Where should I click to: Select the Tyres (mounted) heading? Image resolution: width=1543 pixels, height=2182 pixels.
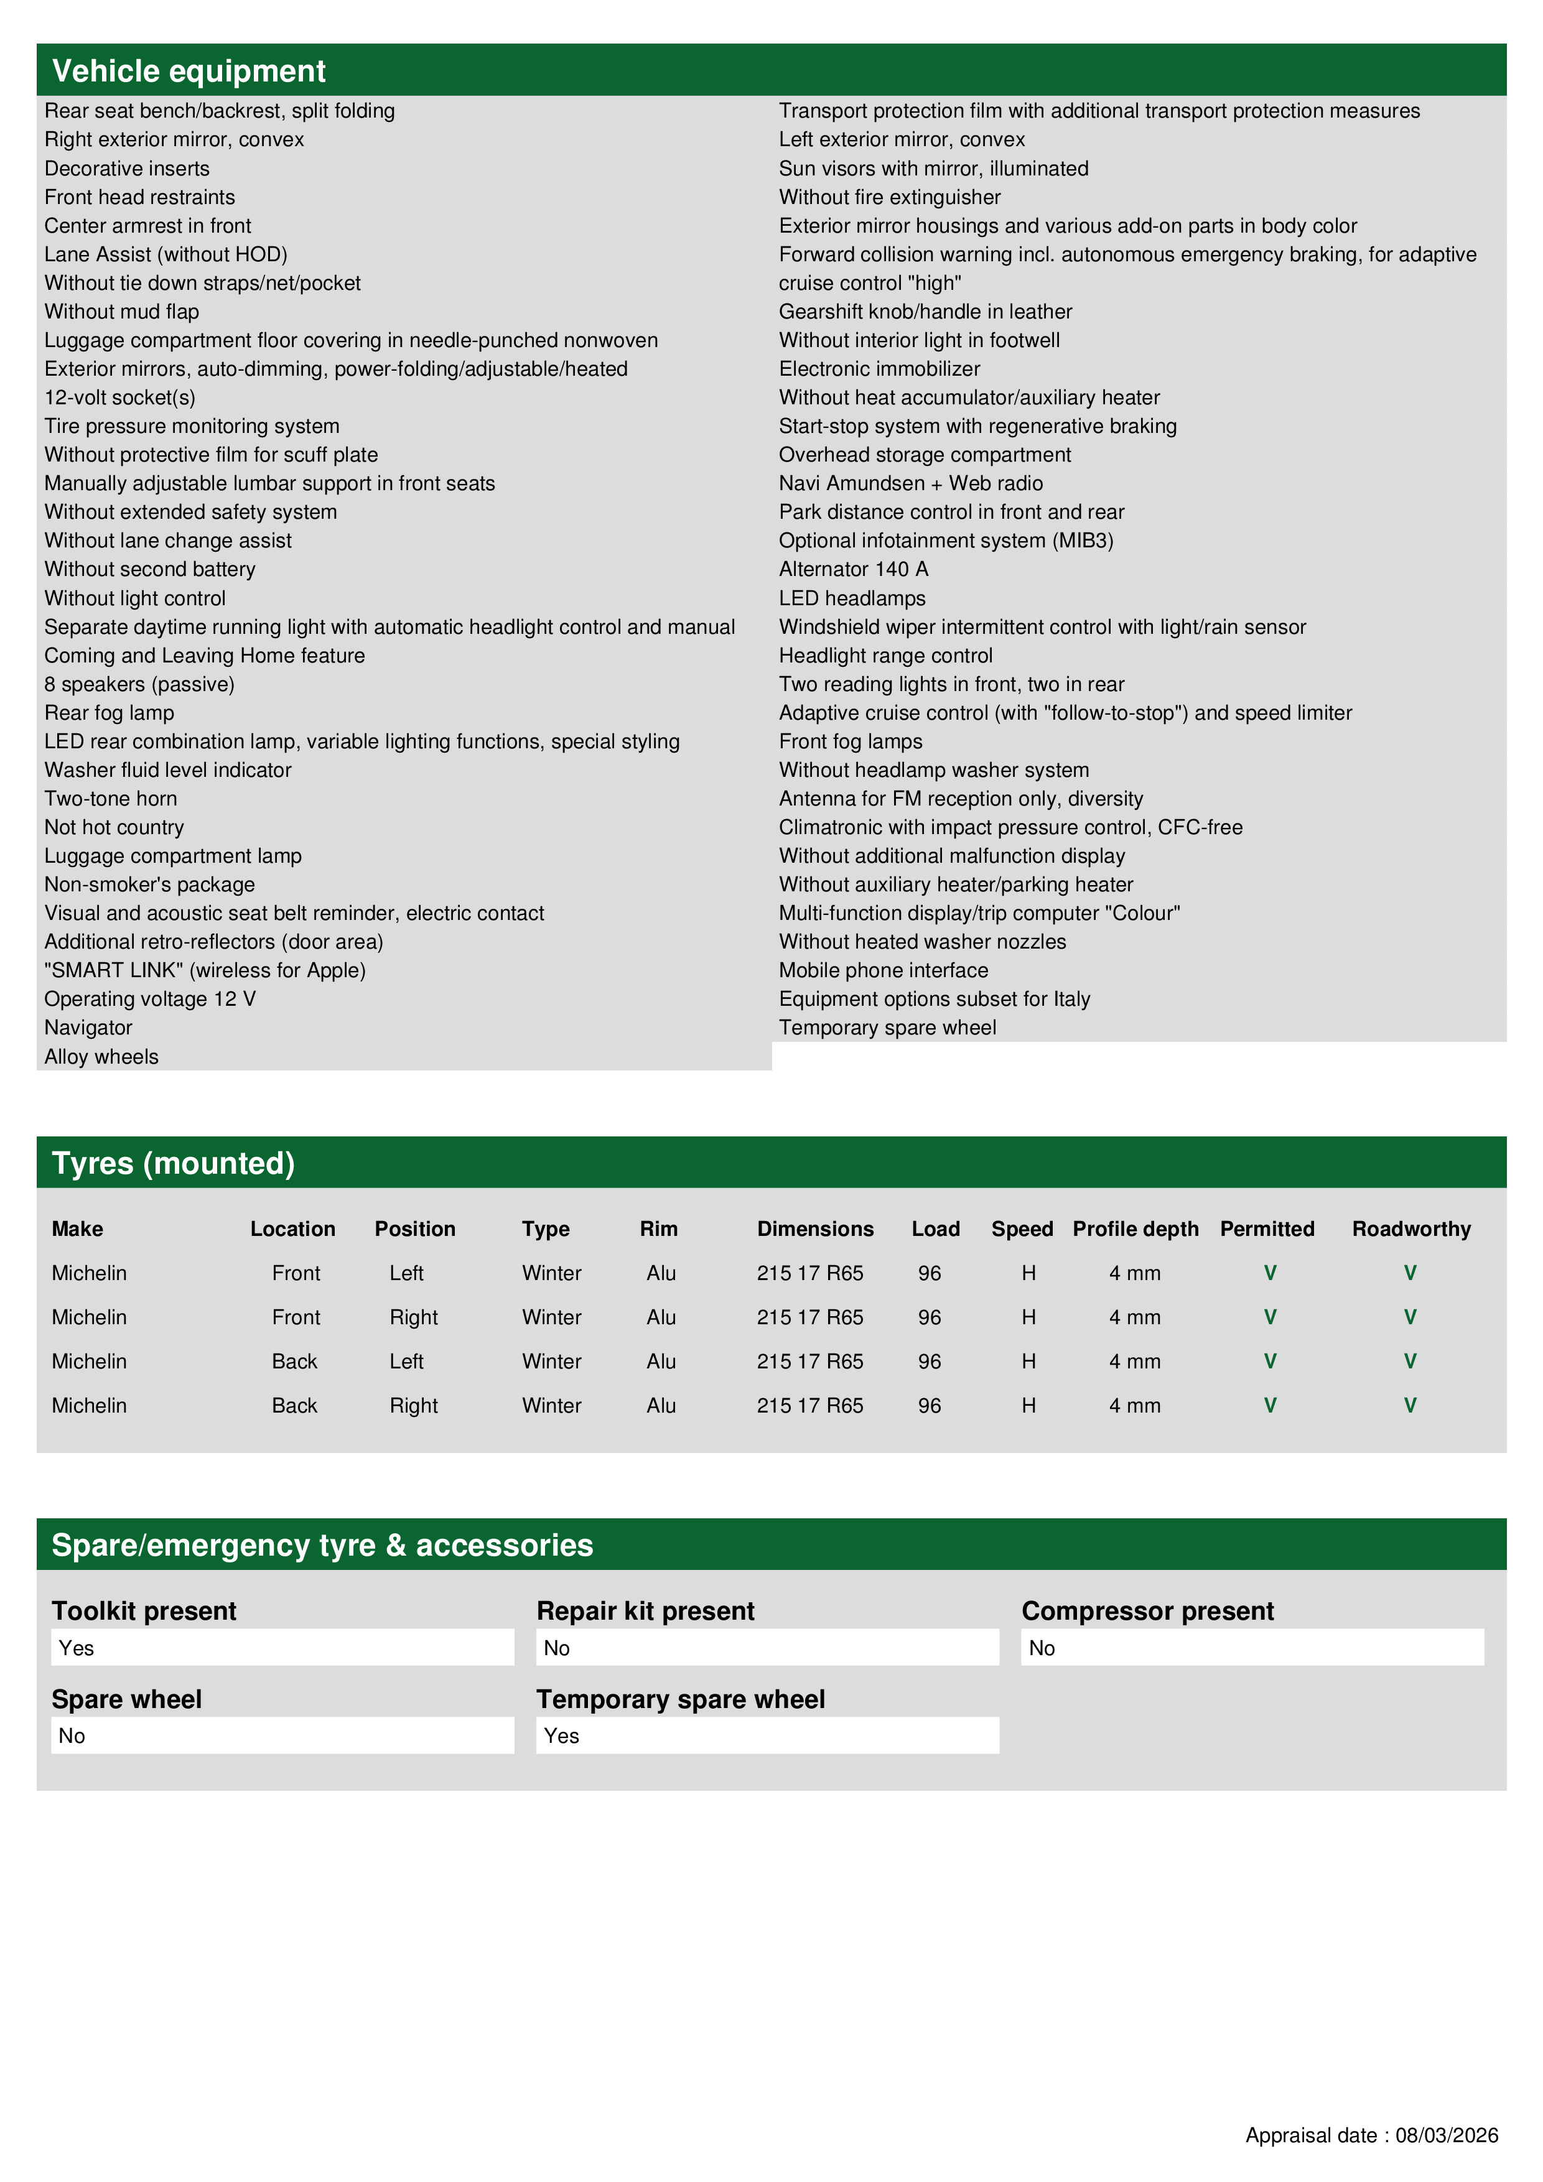coord(173,1163)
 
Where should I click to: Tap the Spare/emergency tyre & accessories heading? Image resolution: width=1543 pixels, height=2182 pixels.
coord(322,1545)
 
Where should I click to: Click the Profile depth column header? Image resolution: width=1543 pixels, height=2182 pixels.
coord(1135,1229)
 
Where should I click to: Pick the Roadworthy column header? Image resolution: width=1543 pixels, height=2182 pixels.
coord(1411,1229)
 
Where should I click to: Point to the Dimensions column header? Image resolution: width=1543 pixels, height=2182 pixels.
coord(815,1229)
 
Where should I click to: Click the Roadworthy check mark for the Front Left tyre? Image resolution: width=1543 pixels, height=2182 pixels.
coord(1410,1273)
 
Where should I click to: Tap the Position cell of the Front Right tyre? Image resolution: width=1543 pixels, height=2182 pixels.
coord(414,1317)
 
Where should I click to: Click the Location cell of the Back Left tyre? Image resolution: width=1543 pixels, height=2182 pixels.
coord(295,1362)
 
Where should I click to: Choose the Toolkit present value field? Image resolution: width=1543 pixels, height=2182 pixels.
coord(282,1648)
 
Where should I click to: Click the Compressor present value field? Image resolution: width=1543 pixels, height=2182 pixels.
coord(1252,1648)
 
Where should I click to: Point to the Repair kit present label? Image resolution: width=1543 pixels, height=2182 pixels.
coord(646,1612)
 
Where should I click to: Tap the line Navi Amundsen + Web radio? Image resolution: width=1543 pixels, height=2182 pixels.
coord(911,484)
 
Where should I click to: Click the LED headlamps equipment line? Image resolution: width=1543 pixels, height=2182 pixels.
coord(852,599)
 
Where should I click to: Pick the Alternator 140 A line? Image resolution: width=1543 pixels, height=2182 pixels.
coord(854,569)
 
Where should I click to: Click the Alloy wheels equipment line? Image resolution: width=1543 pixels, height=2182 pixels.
coord(101,1057)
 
